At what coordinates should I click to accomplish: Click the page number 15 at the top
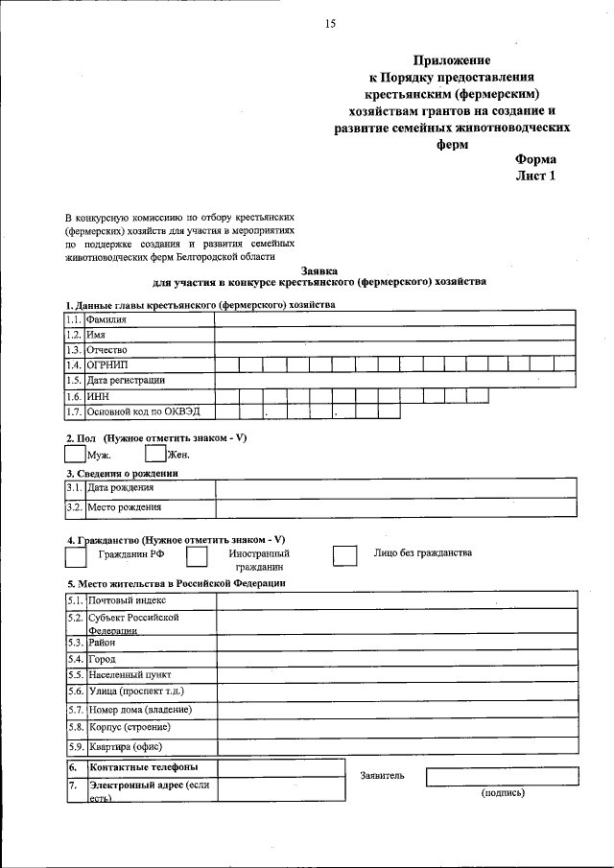click(330, 24)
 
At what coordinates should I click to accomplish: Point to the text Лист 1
click(535, 176)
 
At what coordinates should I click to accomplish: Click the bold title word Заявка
click(319, 270)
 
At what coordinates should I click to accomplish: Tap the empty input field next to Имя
click(394, 335)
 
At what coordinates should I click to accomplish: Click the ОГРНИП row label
click(106, 365)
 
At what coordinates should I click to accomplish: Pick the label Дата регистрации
click(126, 381)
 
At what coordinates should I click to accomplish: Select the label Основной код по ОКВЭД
click(140, 411)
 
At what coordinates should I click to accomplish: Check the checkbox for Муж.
click(75, 455)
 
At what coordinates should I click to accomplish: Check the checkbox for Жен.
click(154, 455)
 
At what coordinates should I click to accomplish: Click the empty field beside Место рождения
click(394, 507)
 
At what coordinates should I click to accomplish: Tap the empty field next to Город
click(396, 660)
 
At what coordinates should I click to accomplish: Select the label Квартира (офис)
click(125, 747)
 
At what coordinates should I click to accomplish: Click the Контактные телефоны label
click(144, 767)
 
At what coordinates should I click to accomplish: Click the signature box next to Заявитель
click(502, 776)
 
